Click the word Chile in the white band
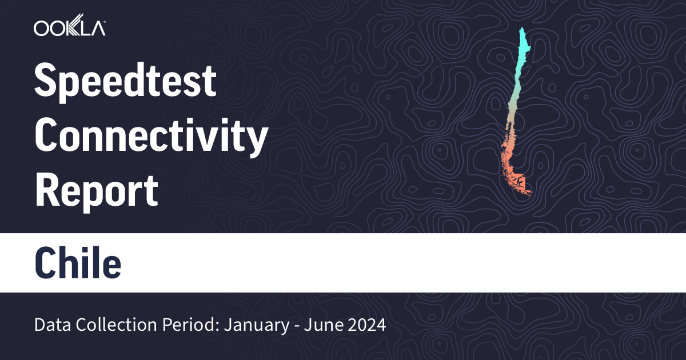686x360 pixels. tap(78, 263)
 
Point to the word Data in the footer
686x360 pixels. tap(49, 326)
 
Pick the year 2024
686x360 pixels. tap(366, 326)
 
